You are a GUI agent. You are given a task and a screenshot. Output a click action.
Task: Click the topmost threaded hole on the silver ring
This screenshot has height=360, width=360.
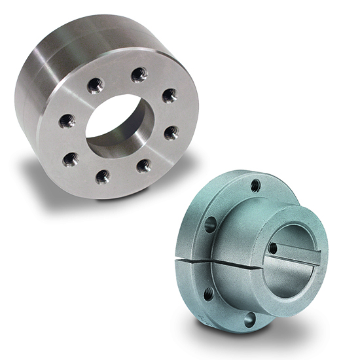(x=139, y=75)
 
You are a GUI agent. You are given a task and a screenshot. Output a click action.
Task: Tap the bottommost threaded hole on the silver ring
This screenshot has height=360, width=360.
(x=103, y=175)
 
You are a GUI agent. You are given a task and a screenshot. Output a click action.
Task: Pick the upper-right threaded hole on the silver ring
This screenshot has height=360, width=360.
(x=169, y=96)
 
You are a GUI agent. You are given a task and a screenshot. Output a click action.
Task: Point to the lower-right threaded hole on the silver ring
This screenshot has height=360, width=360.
(x=143, y=166)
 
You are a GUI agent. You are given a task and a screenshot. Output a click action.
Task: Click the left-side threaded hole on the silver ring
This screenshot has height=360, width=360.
(x=68, y=120)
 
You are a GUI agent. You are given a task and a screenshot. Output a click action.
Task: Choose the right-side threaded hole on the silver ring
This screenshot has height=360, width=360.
(x=171, y=133)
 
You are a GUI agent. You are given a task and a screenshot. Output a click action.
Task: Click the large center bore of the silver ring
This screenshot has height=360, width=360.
(x=121, y=124)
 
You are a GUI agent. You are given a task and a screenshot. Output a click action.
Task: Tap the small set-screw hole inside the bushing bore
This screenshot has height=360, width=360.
(x=272, y=249)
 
